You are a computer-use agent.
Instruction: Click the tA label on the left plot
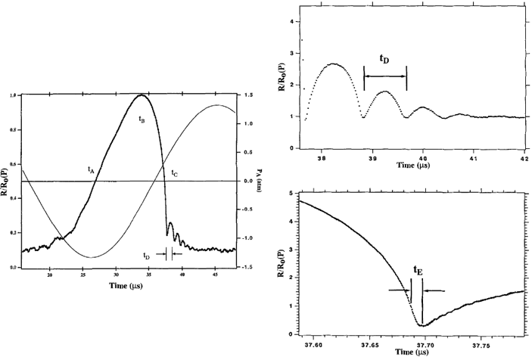coord(91,171)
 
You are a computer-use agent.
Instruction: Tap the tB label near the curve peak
coord(142,120)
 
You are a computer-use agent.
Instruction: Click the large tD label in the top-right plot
coord(385,57)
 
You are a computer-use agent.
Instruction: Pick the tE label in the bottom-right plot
coord(417,268)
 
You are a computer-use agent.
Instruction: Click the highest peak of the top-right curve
coord(333,64)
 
